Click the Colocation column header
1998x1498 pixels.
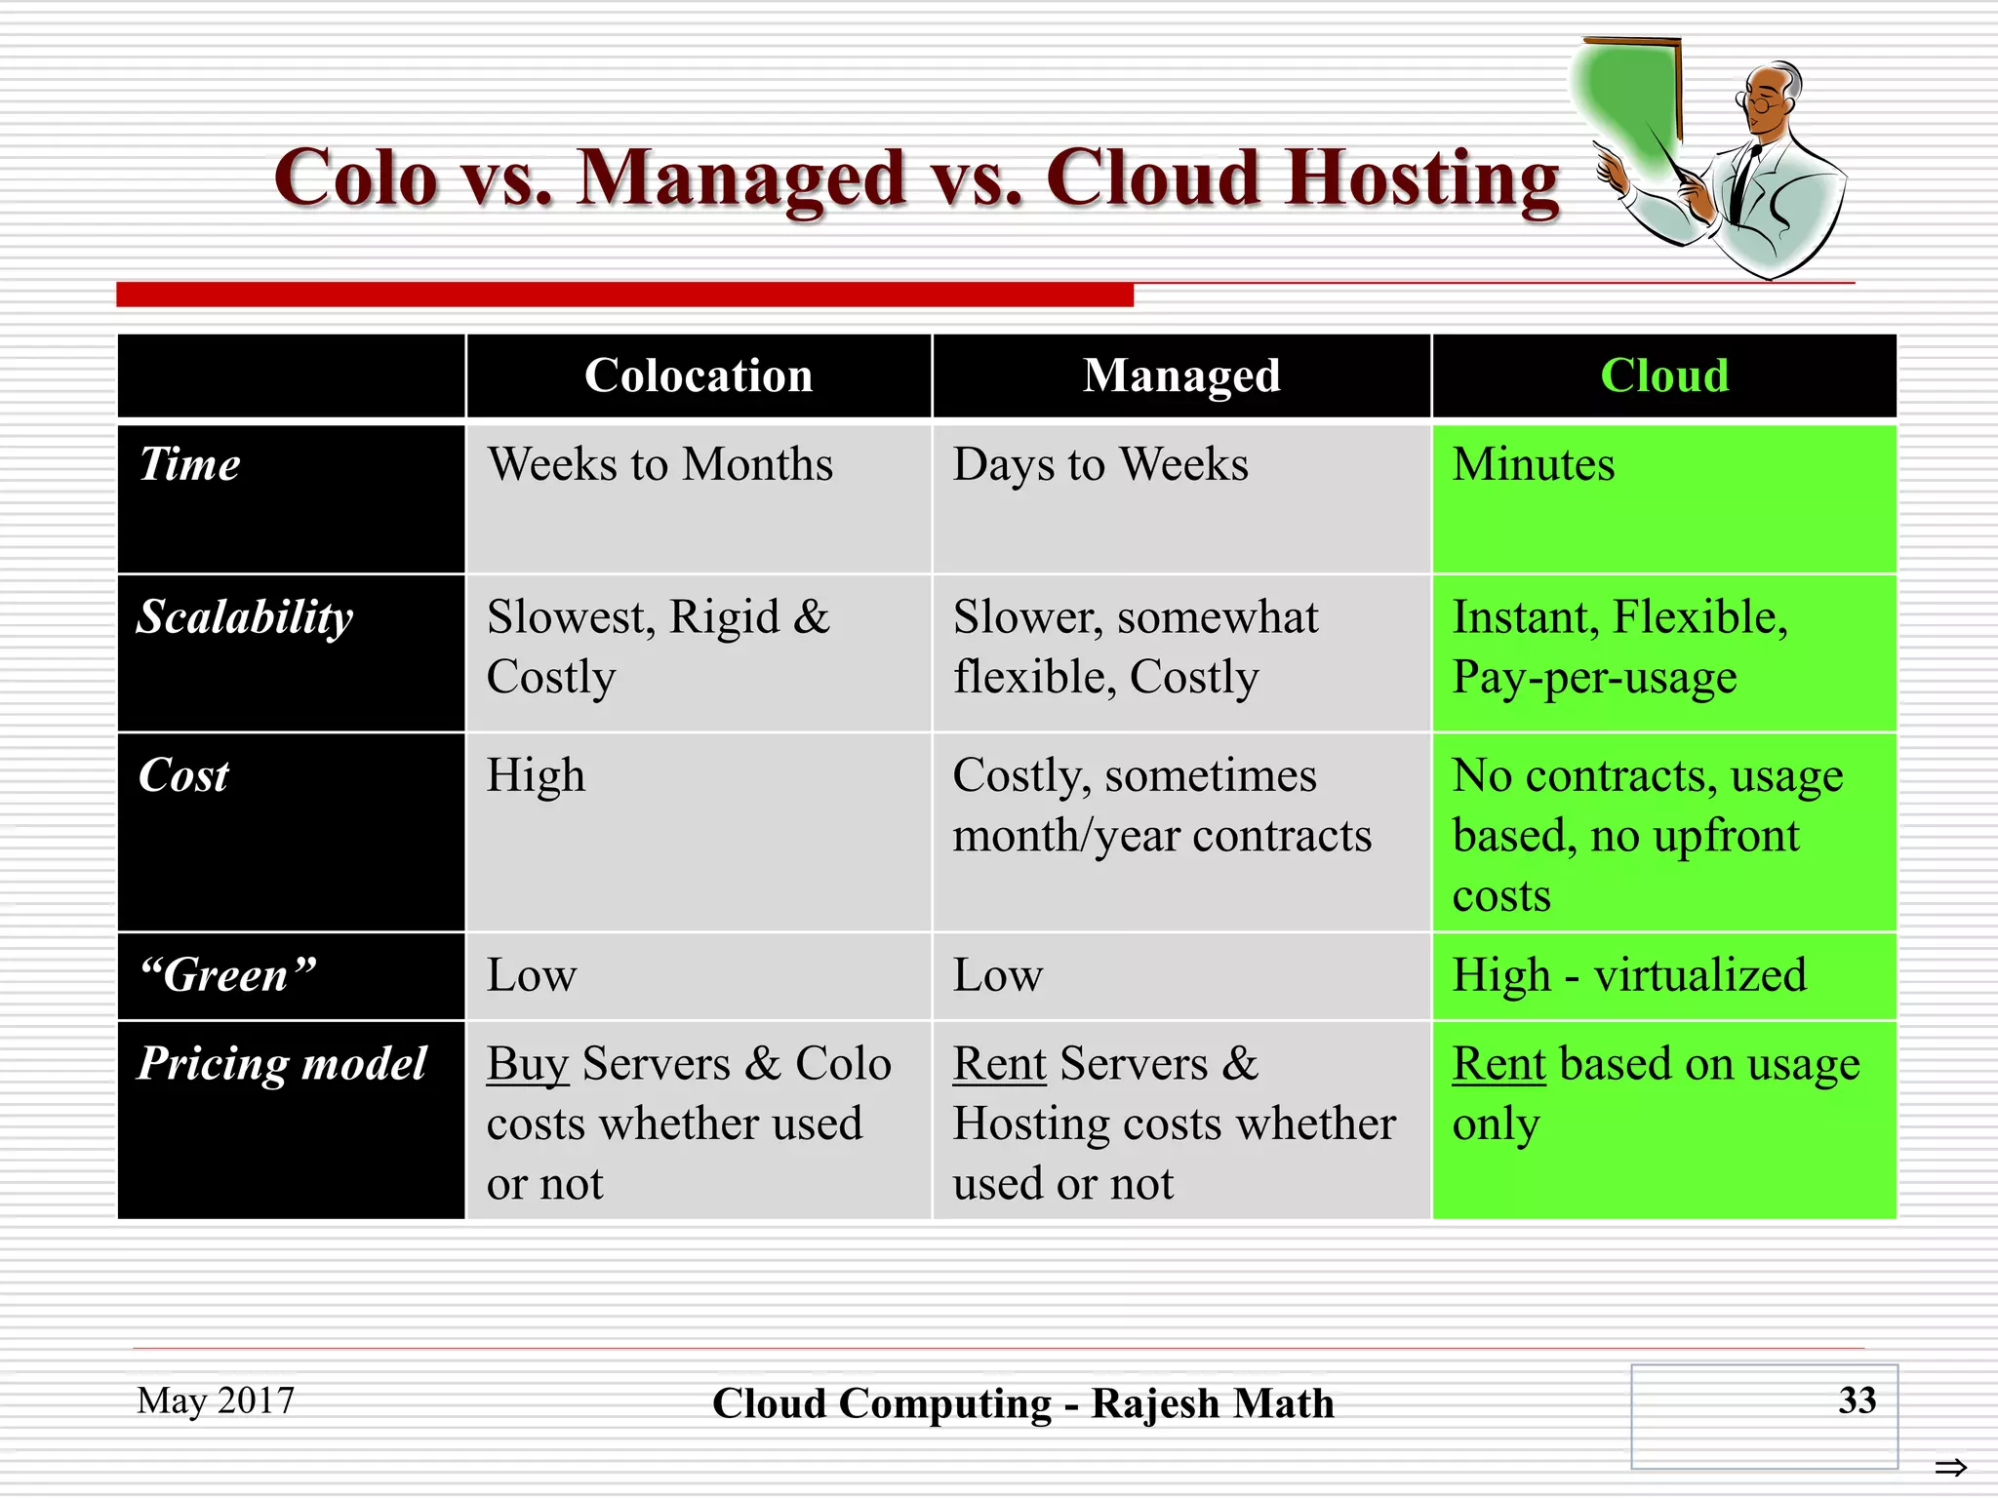pyautogui.click(x=699, y=375)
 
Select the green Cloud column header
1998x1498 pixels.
pyautogui.click(x=1664, y=375)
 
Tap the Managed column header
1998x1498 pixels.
pyautogui.click(x=1181, y=375)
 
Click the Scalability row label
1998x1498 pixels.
pyautogui.click(x=245, y=618)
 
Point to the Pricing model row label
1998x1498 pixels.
pyautogui.click(x=282, y=1063)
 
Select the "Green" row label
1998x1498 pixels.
pyautogui.click(x=228, y=975)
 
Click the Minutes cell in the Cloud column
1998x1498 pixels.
pyautogui.click(x=1534, y=464)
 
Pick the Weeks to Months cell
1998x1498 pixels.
pyautogui.click(x=660, y=464)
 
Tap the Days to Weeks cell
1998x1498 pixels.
pyautogui.click(x=1100, y=464)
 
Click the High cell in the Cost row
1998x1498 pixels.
pyautogui.click(x=536, y=776)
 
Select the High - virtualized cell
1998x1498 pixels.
pyautogui.click(x=1629, y=975)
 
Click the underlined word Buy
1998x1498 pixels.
pyautogui.click(x=528, y=1064)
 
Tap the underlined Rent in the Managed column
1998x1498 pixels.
pyautogui.click(x=1000, y=1064)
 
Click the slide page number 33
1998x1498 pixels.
pyautogui.click(x=1857, y=1400)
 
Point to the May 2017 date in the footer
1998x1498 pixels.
pyautogui.click(x=216, y=1400)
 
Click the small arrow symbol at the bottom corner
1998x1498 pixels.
pyautogui.click(x=1951, y=1467)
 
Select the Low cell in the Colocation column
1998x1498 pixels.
pyautogui.click(x=532, y=975)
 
